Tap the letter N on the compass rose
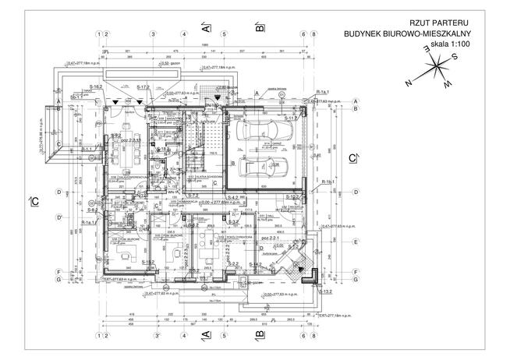[x=407, y=81]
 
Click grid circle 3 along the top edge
[x=154, y=34]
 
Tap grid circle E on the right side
[x=356, y=242]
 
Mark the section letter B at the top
[x=259, y=27]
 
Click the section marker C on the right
[x=352, y=158]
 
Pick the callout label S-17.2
[x=143, y=87]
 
